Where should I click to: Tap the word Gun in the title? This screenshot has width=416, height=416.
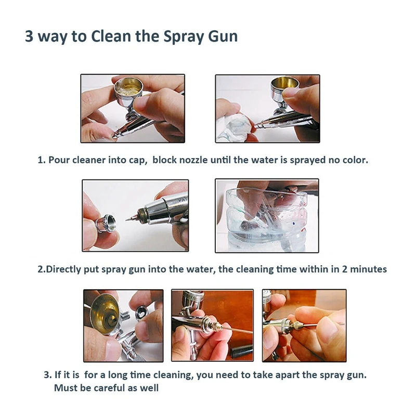[223, 36]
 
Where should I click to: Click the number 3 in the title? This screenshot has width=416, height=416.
[29, 36]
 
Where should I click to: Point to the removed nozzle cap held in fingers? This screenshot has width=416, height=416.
[106, 223]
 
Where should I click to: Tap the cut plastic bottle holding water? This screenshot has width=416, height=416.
[266, 220]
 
